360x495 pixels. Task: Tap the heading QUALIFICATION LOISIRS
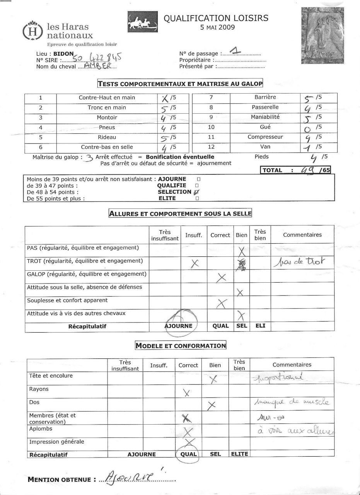(x=216, y=18)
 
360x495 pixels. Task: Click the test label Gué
(x=265, y=127)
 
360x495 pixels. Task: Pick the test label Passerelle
(x=265, y=107)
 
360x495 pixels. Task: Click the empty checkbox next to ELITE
(x=197, y=199)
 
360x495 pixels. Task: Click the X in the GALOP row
(x=222, y=277)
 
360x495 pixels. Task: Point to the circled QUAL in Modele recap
(x=188, y=454)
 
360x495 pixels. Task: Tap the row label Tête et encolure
(x=51, y=376)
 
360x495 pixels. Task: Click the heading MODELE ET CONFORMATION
(x=181, y=346)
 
